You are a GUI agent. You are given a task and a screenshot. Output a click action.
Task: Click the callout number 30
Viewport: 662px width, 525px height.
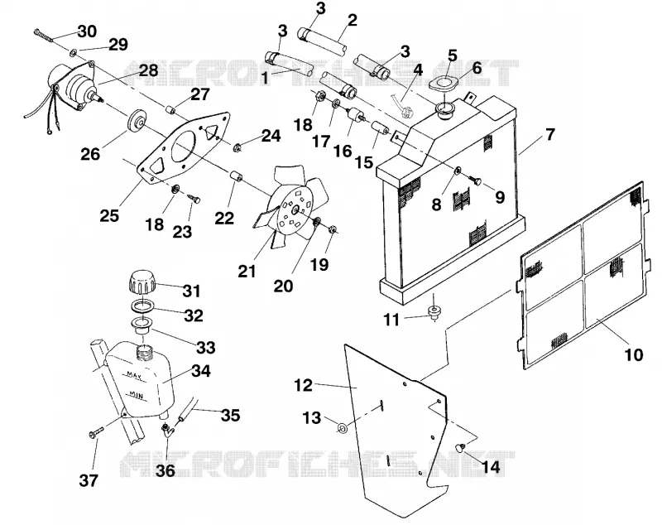(87, 31)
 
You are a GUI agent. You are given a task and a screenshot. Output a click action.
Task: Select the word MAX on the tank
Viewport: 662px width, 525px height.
(134, 374)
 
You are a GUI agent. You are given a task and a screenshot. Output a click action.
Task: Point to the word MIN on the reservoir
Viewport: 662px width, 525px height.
(136, 395)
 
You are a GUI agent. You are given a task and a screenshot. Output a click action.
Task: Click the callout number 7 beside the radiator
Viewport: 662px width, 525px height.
(549, 134)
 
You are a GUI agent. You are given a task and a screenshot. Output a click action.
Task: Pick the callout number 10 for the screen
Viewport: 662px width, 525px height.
(633, 354)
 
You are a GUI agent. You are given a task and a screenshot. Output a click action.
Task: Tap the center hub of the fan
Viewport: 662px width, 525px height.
(295, 208)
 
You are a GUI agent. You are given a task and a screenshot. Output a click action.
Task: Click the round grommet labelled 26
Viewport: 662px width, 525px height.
(137, 122)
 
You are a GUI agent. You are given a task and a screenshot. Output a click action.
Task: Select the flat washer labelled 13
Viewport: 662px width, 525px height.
(342, 428)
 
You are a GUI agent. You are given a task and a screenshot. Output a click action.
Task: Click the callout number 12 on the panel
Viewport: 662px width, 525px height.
(303, 385)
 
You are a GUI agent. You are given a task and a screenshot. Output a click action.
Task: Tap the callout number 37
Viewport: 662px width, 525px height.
(89, 480)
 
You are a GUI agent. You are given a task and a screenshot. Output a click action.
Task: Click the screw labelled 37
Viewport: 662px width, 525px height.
(96, 432)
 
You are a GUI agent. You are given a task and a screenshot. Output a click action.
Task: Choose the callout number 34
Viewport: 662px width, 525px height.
(201, 371)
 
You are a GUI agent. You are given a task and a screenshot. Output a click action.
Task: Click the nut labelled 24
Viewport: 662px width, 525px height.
(237, 147)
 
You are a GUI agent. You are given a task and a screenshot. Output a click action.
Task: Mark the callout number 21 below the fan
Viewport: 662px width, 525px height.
(247, 271)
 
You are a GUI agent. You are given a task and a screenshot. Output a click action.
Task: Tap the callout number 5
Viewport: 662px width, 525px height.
(452, 55)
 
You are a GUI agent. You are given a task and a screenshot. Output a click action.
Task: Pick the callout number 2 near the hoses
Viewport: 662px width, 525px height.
(352, 20)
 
